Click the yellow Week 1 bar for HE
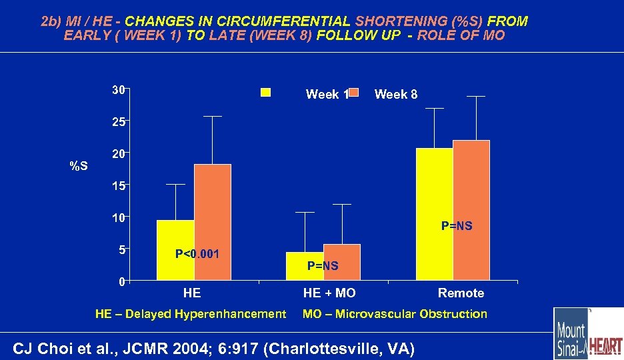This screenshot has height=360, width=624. [175, 250]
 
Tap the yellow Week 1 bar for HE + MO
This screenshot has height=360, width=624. [305, 266]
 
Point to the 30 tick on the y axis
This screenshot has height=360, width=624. [117, 90]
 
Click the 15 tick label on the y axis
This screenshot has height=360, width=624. [117, 186]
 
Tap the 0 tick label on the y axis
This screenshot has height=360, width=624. [121, 281]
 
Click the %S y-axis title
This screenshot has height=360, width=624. [79, 165]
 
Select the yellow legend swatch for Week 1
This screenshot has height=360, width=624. [265, 93]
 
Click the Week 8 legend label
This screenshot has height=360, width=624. [396, 95]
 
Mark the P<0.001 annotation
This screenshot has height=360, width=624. [197, 254]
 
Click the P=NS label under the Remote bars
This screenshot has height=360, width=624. [457, 226]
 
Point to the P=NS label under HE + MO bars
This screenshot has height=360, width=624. [323, 266]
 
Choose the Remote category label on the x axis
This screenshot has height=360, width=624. [461, 293]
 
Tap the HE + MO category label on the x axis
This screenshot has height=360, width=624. [329, 293]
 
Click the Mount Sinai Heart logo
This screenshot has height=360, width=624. [588, 333]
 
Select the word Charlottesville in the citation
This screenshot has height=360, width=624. [353, 348]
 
